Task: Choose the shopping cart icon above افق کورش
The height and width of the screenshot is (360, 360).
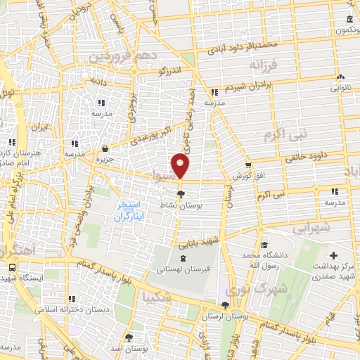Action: click(x=247, y=165)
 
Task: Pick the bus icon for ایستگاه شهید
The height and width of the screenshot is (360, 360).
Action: click(x=12, y=267)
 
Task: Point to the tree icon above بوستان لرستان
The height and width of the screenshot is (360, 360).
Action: click(x=224, y=305)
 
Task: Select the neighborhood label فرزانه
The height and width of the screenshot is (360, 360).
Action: click(x=264, y=65)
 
